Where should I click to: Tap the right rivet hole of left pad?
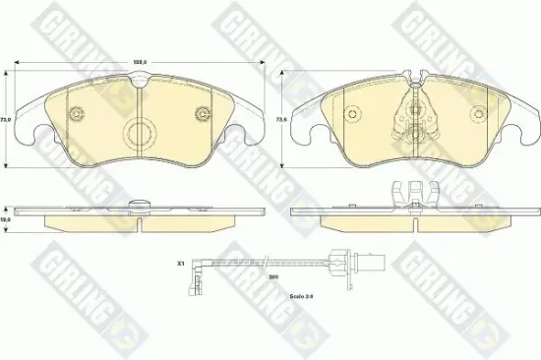click(x=205, y=111)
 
